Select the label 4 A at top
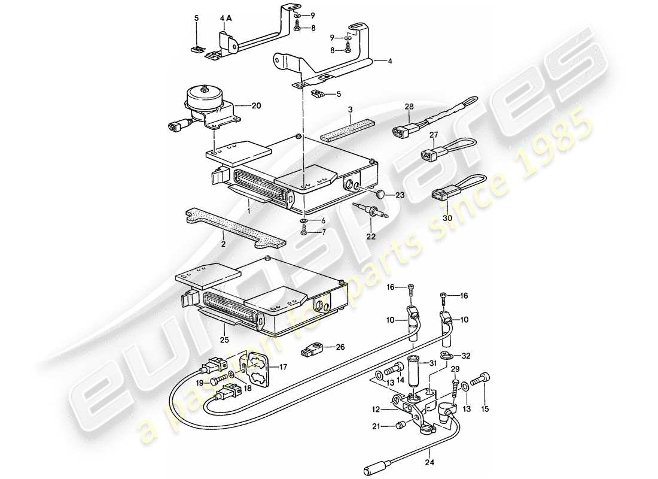click(226, 19)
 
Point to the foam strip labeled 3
click(348, 130)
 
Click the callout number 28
click(409, 106)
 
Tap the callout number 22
click(372, 237)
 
